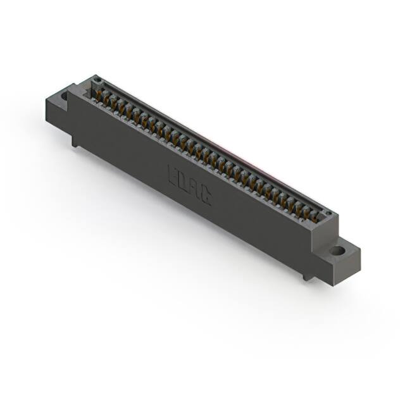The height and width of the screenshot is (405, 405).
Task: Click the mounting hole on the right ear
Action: (x=338, y=251)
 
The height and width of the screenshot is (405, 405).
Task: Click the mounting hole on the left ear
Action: (x=65, y=96)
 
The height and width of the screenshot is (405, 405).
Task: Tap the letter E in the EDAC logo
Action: (x=173, y=173)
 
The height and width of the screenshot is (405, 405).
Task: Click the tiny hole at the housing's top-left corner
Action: (x=97, y=80)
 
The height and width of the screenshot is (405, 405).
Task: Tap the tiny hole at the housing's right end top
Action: (x=327, y=213)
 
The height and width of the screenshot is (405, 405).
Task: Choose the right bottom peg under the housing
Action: (x=307, y=276)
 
